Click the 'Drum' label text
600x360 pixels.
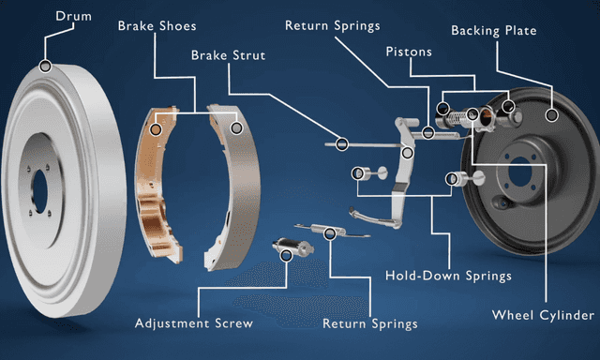point(74,17)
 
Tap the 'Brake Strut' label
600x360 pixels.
point(228,55)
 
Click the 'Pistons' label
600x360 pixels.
point(408,52)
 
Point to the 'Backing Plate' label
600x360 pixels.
point(493,31)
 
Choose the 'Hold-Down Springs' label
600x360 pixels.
point(448,276)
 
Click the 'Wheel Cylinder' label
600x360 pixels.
point(543,314)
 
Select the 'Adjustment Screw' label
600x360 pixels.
point(193,323)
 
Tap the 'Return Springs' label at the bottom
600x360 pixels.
point(369,323)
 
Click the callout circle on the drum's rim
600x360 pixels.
point(45,66)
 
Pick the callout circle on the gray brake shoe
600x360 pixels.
point(237,127)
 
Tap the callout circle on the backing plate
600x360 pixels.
point(552,116)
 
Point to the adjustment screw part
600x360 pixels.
point(292,248)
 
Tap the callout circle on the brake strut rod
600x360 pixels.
point(342,144)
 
